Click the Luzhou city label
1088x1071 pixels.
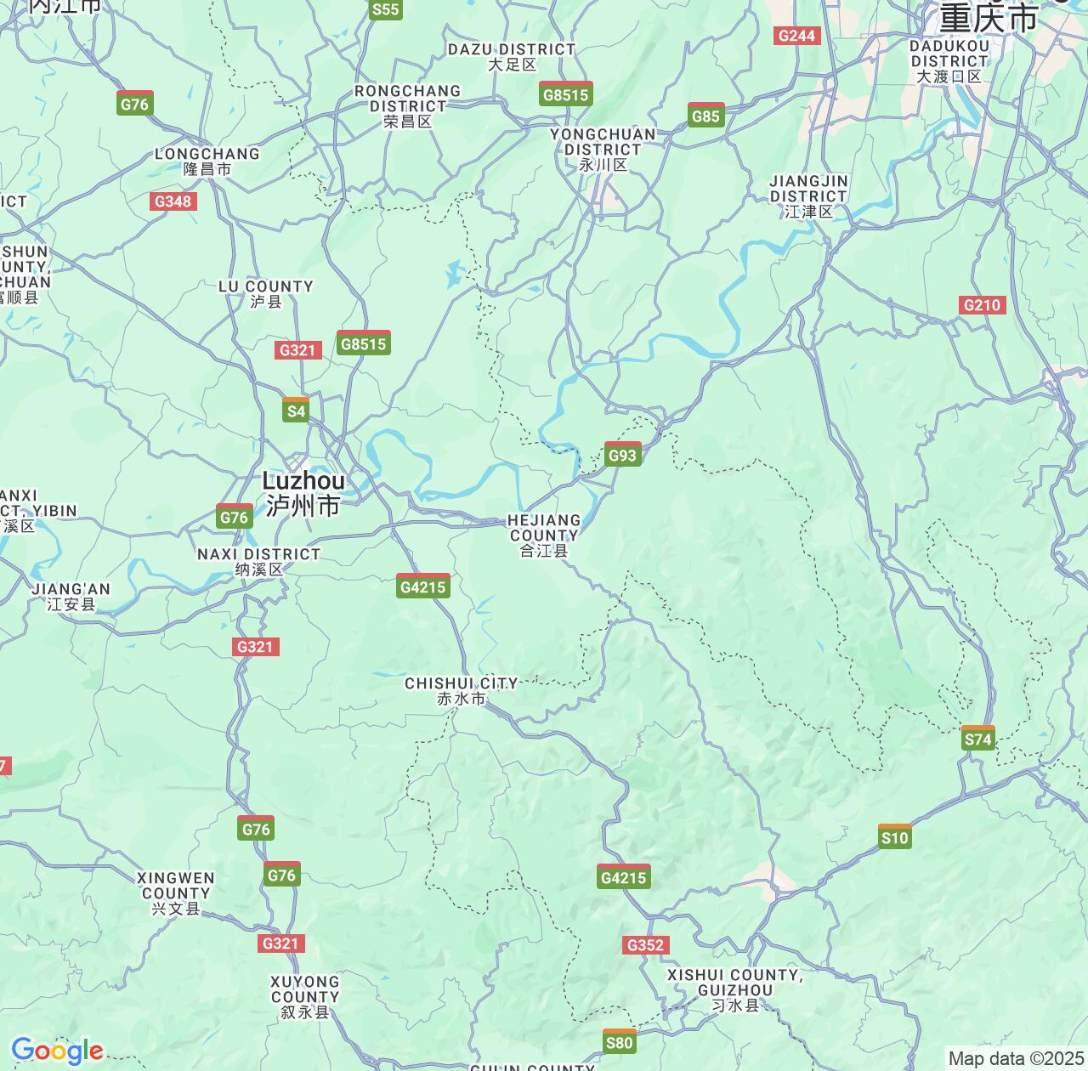point(303,493)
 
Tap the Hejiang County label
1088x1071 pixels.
point(544,535)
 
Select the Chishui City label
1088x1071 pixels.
point(462,691)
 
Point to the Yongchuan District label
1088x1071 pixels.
point(603,150)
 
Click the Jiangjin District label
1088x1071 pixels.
point(808,196)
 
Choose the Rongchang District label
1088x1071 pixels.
point(407,106)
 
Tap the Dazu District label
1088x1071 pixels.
point(512,57)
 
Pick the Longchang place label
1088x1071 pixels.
point(207,161)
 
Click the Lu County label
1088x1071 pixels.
point(265,294)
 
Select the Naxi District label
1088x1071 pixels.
point(258,561)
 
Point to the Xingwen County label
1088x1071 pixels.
point(176,892)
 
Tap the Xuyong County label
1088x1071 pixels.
point(305,996)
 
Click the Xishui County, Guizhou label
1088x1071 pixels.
point(734,989)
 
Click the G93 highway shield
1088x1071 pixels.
point(622,455)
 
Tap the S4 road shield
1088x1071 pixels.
point(295,410)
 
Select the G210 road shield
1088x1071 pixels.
point(982,305)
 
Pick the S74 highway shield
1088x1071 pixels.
point(977,738)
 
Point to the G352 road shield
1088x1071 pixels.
point(645,945)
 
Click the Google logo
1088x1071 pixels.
point(57,1051)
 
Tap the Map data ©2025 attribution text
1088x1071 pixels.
point(1015,1058)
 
